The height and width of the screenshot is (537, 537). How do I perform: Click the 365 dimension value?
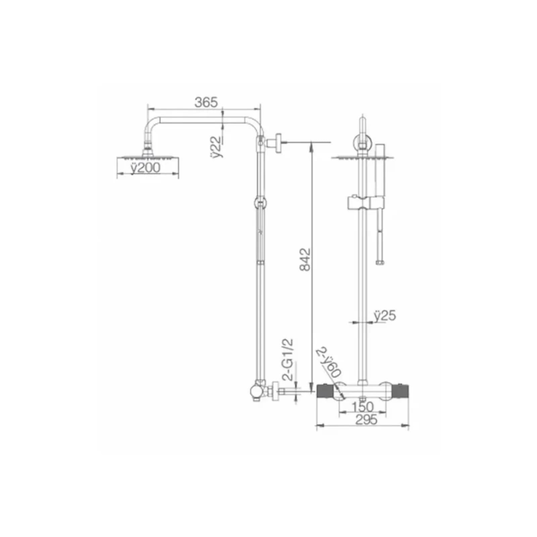click(206, 102)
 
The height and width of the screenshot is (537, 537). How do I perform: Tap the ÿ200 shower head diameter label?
click(145, 167)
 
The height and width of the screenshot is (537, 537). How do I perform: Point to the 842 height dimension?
click(305, 259)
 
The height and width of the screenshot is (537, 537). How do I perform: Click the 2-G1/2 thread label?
click(288, 359)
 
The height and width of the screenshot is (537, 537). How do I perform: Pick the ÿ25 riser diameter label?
click(385, 316)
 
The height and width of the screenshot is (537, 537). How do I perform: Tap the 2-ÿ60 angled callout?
click(329, 363)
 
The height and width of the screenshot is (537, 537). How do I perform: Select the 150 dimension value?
click(362, 407)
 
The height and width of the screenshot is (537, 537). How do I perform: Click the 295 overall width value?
click(366, 420)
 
